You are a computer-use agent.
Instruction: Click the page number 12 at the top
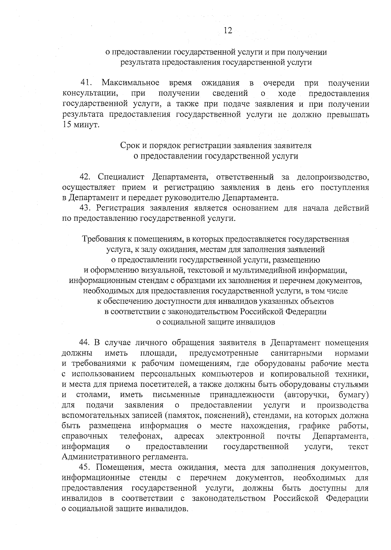click(x=228, y=31)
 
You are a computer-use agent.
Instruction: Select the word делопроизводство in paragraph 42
click(x=333, y=177)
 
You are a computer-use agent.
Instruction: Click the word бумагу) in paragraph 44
click(x=354, y=395)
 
